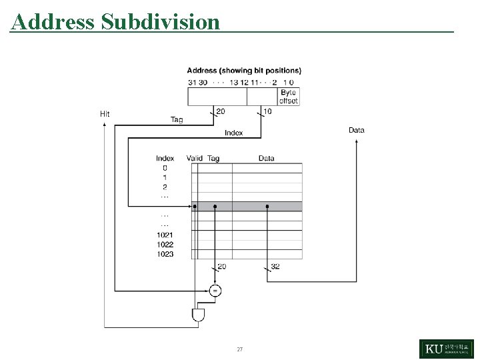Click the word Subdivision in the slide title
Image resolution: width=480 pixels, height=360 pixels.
pyautogui.click(x=161, y=22)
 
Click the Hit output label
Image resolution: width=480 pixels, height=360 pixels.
pyautogui.click(x=105, y=113)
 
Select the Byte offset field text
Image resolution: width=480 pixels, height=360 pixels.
pyautogui.click(x=288, y=97)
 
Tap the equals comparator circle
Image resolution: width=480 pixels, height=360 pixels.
pyautogui.click(x=215, y=290)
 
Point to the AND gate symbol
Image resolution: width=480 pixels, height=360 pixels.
pyautogui.click(x=198, y=315)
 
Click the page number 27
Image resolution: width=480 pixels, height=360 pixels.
pyautogui.click(x=240, y=349)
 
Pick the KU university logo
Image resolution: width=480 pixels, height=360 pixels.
pyautogui.click(x=446, y=349)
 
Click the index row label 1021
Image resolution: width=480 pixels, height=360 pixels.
pyautogui.click(x=165, y=235)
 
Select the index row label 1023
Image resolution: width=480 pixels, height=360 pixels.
pyautogui.click(x=165, y=254)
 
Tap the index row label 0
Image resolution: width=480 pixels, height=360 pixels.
pyautogui.click(x=165, y=168)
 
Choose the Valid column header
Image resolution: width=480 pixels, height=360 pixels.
pyautogui.click(x=195, y=158)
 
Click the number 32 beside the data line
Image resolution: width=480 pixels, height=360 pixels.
pyautogui.click(x=276, y=266)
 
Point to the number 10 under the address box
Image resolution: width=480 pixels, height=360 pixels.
pyautogui.click(x=267, y=111)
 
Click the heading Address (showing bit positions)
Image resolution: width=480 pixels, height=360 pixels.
pyautogui.click(x=243, y=70)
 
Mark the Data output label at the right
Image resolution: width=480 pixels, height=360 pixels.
pyautogui.click(x=357, y=130)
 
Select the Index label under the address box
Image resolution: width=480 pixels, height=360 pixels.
pyautogui.click(x=233, y=133)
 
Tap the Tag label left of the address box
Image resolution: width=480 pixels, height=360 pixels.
pyautogui.click(x=177, y=120)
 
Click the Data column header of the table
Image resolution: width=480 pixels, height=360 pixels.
pyautogui.click(x=266, y=158)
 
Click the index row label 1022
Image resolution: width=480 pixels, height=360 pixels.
pyautogui.click(x=165, y=245)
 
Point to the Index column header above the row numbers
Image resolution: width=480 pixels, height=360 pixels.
pyautogui.click(x=165, y=158)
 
